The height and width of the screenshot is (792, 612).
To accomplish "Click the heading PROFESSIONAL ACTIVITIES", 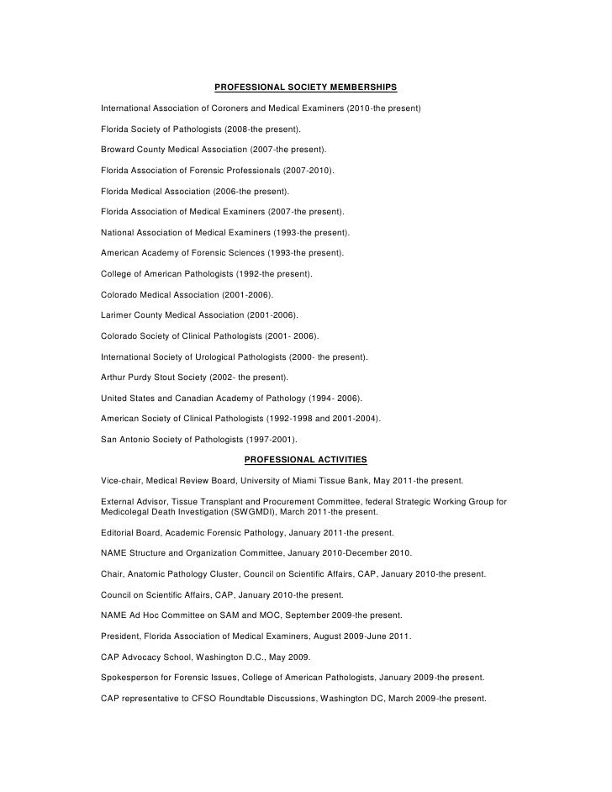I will pos(305,459).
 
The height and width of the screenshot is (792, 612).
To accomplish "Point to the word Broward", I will pos(119,150).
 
